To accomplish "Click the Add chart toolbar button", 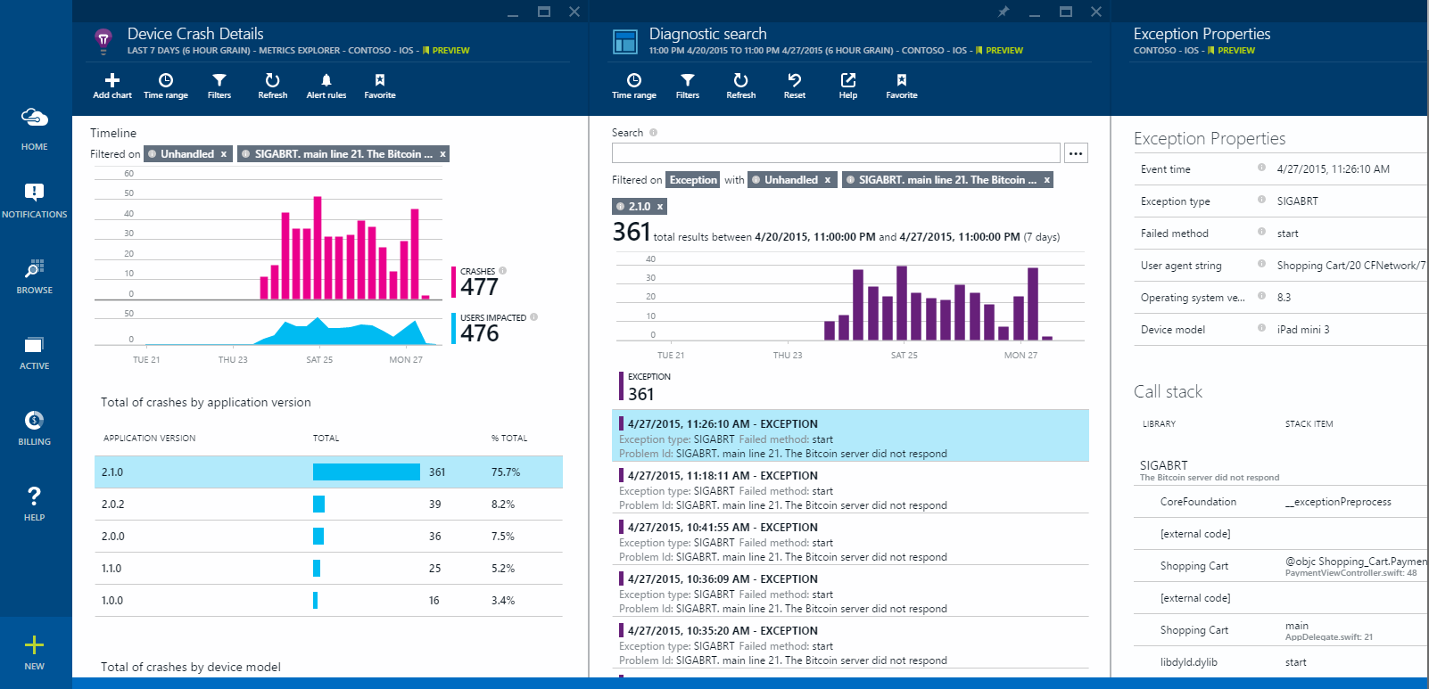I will (112, 86).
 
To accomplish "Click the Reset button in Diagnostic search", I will (794, 86).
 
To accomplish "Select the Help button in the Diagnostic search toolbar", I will (847, 86).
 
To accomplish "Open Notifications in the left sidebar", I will (34, 201).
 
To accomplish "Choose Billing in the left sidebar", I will (34, 428).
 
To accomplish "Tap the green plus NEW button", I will (34, 652).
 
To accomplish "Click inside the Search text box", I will (835, 153).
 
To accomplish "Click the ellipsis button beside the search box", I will (1076, 153).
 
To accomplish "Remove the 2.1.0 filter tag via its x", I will (660, 207).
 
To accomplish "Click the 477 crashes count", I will (479, 287).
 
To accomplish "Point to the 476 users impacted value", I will (479, 333).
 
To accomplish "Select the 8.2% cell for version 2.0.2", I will (503, 504).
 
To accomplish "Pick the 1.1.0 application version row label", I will (112, 569).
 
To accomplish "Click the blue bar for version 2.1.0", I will (366, 472).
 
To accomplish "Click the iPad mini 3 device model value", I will (1302, 330).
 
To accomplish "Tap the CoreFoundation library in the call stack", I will (1198, 502).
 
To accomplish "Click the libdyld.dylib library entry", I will (1188, 662).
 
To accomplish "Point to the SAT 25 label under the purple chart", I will (904, 356).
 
